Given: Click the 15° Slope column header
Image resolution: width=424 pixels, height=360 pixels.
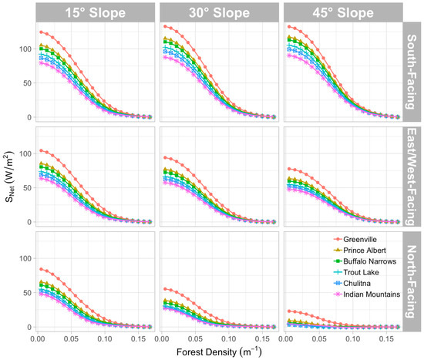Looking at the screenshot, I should (x=93, y=12).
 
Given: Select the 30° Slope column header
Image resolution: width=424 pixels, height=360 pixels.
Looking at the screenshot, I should (x=217, y=12).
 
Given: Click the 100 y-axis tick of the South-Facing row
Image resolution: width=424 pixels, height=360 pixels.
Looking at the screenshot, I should (x=23, y=49).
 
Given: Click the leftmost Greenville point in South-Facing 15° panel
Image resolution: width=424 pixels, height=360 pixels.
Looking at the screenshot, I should (x=40, y=32).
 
